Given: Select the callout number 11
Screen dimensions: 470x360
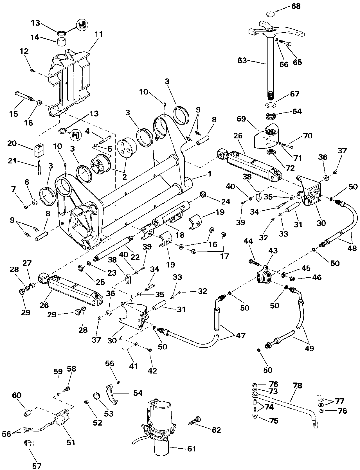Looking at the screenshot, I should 99,35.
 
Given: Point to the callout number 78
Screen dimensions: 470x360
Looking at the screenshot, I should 298,386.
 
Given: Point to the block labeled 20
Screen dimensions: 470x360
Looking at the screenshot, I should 39,151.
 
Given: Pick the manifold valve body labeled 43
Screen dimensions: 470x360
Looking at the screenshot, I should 264,276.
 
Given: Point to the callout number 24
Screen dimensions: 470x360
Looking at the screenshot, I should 226,201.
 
